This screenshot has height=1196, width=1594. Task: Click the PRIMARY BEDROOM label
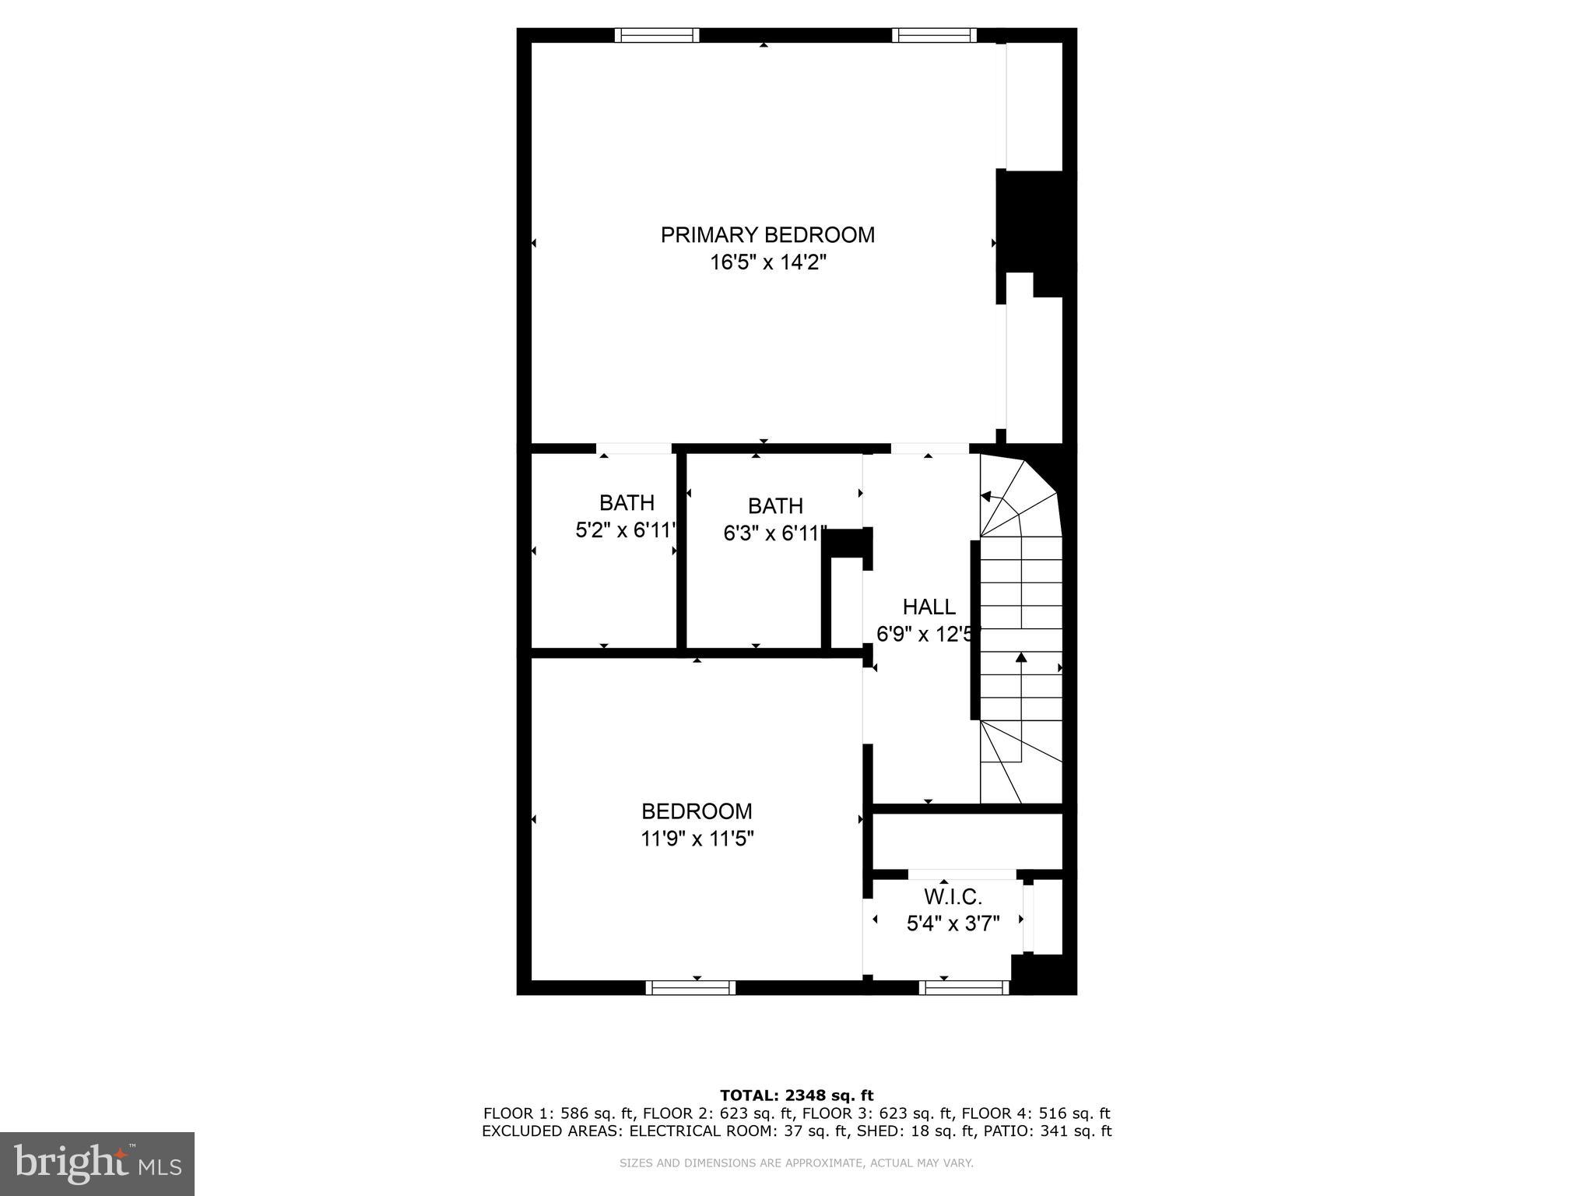click(x=767, y=235)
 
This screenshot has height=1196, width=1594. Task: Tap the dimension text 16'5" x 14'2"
click(x=767, y=262)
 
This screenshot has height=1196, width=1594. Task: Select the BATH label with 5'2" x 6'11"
click(x=627, y=503)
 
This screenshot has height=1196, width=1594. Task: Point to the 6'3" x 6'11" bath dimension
click(x=774, y=534)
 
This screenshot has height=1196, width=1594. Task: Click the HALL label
click(x=929, y=607)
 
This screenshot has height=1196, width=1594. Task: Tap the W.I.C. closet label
click(x=953, y=897)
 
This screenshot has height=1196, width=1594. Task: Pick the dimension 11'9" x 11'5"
click(x=697, y=839)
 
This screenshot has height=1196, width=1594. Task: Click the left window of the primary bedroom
click(x=656, y=35)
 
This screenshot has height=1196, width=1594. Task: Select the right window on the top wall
click(x=933, y=35)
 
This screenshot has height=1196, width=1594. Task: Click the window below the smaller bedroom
click(x=690, y=987)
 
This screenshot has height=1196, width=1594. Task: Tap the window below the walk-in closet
click(x=964, y=987)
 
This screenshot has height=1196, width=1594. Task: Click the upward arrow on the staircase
click(x=1021, y=659)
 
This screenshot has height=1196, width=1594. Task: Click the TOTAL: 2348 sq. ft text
click(x=796, y=1096)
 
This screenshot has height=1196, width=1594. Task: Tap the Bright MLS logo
click(x=97, y=1163)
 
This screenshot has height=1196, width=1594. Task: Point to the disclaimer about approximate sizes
click(x=796, y=1163)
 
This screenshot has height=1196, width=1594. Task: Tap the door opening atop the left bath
click(x=634, y=449)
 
